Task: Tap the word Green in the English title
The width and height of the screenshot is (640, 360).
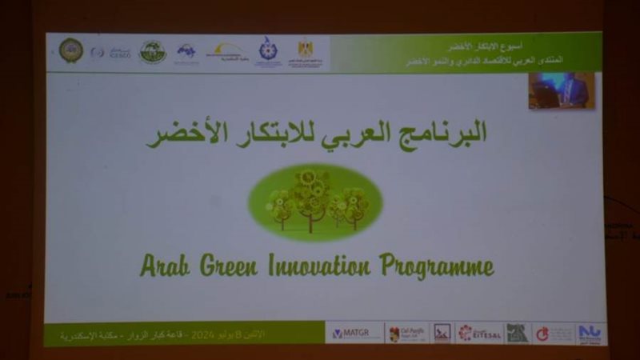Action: [227, 266]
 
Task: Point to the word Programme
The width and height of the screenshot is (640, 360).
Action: [437, 266]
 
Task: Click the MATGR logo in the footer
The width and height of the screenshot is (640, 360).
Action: [353, 333]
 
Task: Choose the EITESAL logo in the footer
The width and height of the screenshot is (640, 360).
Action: [480, 333]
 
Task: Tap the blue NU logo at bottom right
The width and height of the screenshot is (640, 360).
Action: [590, 333]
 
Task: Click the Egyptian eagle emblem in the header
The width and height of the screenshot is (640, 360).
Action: [305, 50]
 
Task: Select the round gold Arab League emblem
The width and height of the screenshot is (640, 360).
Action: [70, 51]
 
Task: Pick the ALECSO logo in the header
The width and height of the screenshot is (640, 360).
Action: [120, 53]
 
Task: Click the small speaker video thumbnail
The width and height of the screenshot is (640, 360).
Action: [561, 90]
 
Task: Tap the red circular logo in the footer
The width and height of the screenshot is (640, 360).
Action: [542, 333]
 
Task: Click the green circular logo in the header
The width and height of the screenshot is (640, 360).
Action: [152, 52]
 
